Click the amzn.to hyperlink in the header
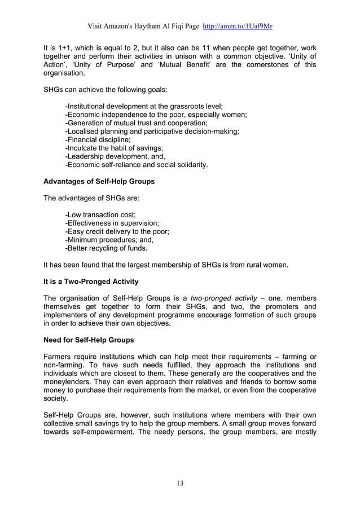pos(238,27)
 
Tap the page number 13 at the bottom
pos(180,482)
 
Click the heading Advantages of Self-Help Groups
pos(99,182)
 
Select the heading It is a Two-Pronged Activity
pos(91,281)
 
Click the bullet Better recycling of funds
pos(107,248)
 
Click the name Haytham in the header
pos(152,27)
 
